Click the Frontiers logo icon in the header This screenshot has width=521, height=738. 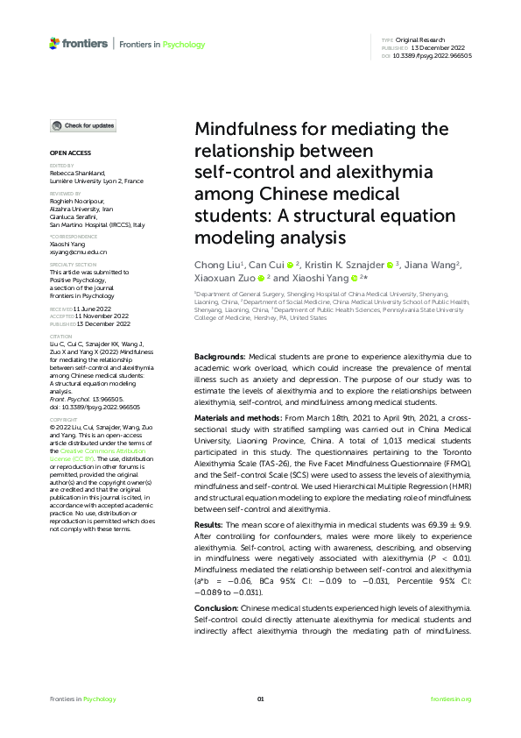click(x=54, y=43)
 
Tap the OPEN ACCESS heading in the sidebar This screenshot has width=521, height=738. click(x=67, y=153)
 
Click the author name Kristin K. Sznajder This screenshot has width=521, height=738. click(x=346, y=264)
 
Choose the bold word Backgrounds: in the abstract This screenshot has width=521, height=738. click(x=219, y=358)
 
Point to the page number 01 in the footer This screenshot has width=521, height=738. click(x=260, y=699)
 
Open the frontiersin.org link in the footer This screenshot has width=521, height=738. click(x=452, y=699)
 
